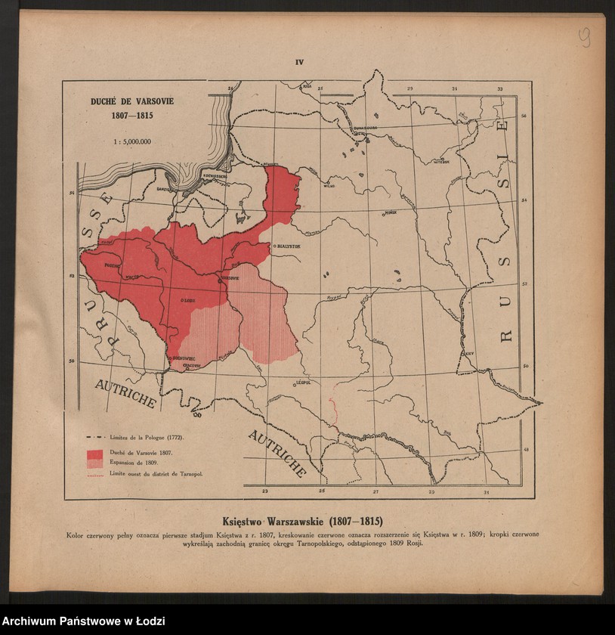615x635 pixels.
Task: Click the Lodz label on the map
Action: tap(188, 300)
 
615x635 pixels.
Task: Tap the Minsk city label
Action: tap(391, 213)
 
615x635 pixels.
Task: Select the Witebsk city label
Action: tap(441, 161)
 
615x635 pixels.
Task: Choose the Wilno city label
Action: tap(328, 184)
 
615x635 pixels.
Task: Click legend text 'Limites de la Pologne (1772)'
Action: tap(147, 437)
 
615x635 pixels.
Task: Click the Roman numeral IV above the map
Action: tap(299, 63)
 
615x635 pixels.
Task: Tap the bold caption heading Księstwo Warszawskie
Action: tap(302, 522)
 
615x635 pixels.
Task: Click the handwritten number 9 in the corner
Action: tap(585, 37)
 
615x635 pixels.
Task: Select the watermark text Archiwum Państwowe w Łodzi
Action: tap(83, 621)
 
